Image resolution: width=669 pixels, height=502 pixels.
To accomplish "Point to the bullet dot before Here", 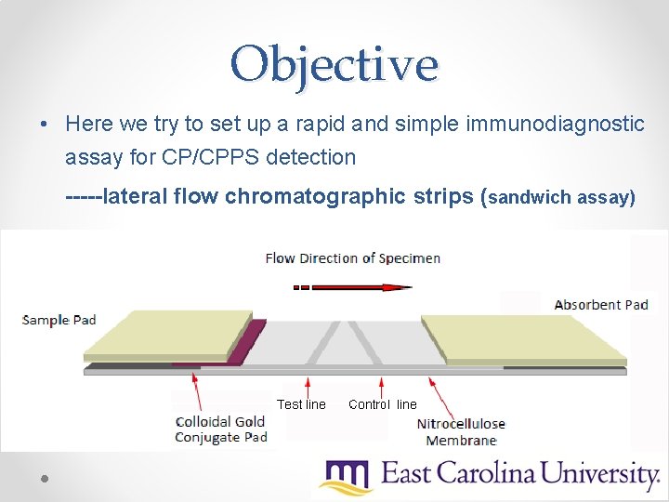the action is (x=44, y=125).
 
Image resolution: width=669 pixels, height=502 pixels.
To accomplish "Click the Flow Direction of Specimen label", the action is (x=353, y=258).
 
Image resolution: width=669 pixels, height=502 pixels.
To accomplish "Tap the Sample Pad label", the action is (x=59, y=320).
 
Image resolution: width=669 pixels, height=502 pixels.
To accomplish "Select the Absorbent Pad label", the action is (x=601, y=304).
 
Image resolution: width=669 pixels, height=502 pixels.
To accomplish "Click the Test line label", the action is (x=301, y=404).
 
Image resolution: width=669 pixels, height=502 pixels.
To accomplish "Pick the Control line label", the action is (x=383, y=404).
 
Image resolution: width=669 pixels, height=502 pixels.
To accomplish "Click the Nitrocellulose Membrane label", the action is (x=461, y=432).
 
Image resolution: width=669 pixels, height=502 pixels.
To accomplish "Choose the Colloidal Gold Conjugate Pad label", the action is (x=221, y=429).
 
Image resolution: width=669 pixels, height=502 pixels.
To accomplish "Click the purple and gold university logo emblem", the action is (x=346, y=477).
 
